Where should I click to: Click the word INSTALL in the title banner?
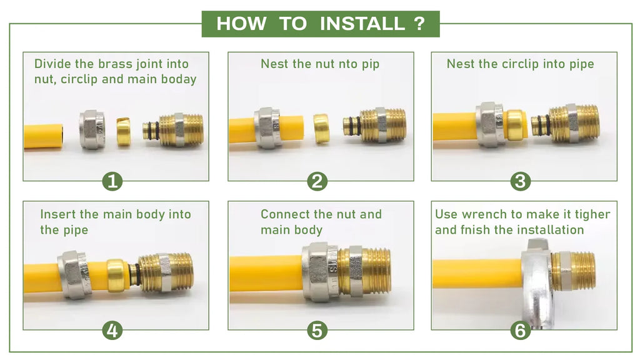pos(362,24)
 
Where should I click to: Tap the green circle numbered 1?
pos(112,181)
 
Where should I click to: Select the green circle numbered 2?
pos(317,181)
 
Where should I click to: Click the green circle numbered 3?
pos(521,181)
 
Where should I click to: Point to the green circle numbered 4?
pos(112,330)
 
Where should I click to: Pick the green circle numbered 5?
pos(317,330)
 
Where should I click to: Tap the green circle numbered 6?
pos(521,330)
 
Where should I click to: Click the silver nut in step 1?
pos(92,130)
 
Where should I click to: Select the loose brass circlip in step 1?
pos(123,132)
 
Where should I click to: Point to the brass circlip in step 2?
pos(321,129)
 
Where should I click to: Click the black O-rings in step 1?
pos(153,131)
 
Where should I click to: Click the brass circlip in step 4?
pos(116,276)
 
